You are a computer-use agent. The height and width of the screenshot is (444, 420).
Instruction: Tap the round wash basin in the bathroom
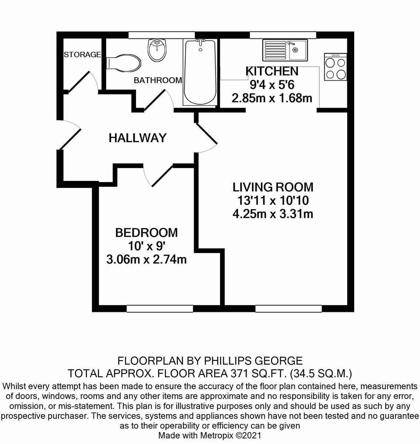[x=157, y=50]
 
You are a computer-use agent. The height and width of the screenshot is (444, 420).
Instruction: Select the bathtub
[x=200, y=72]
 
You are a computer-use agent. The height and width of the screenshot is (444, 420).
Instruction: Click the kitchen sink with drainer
[x=285, y=50]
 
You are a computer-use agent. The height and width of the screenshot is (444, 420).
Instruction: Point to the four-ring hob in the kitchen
[x=335, y=67]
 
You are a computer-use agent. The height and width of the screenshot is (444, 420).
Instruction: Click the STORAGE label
[x=82, y=54]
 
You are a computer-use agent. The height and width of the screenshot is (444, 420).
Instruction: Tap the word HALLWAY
[x=138, y=138]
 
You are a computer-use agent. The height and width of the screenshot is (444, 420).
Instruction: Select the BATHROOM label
[x=158, y=80]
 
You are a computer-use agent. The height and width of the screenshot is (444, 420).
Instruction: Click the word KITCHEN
[x=272, y=71]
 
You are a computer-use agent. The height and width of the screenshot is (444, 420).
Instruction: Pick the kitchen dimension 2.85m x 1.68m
[x=272, y=98]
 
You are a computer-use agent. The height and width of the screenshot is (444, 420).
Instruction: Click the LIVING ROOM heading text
[x=273, y=187]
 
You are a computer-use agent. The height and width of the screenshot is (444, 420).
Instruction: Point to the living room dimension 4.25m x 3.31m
[x=273, y=213]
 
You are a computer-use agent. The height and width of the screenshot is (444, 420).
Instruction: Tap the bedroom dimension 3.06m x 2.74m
[x=146, y=259]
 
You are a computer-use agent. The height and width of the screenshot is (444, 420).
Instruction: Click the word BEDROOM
[x=146, y=233]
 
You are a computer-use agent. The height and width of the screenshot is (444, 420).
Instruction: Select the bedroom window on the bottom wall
[x=160, y=309]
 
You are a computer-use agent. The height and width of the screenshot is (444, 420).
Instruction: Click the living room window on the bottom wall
[x=288, y=309]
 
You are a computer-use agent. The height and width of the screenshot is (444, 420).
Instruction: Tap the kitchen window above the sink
[x=283, y=35]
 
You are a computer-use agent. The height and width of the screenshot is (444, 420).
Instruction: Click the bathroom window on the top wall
[x=162, y=35]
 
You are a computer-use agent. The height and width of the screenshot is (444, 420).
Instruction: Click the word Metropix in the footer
[x=217, y=435]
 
